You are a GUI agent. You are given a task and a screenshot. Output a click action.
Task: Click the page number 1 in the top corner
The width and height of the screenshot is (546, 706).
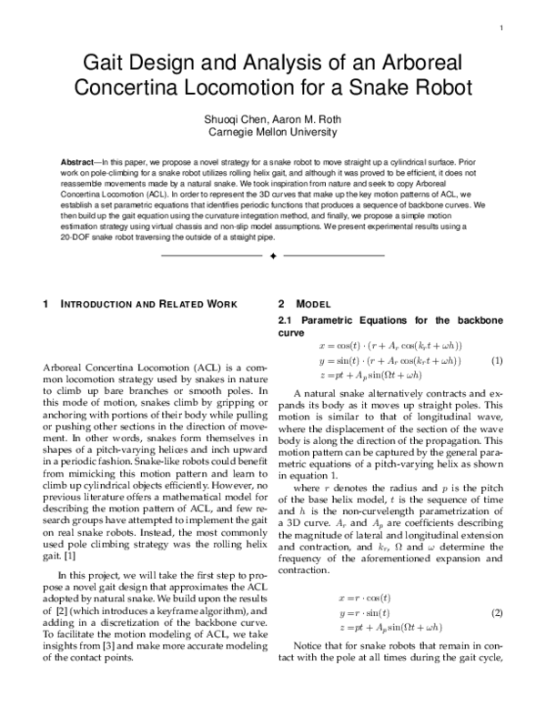[501, 28]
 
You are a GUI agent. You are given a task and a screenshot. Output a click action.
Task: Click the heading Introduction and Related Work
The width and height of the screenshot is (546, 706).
[148, 304]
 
